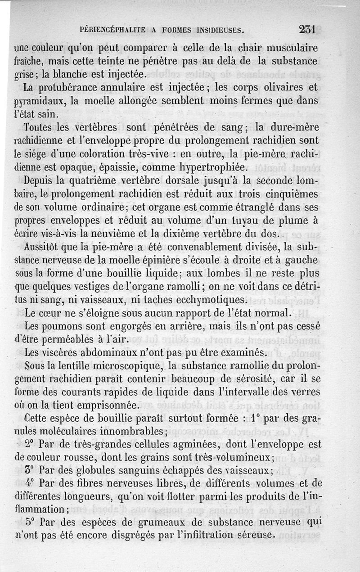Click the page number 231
309,30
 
